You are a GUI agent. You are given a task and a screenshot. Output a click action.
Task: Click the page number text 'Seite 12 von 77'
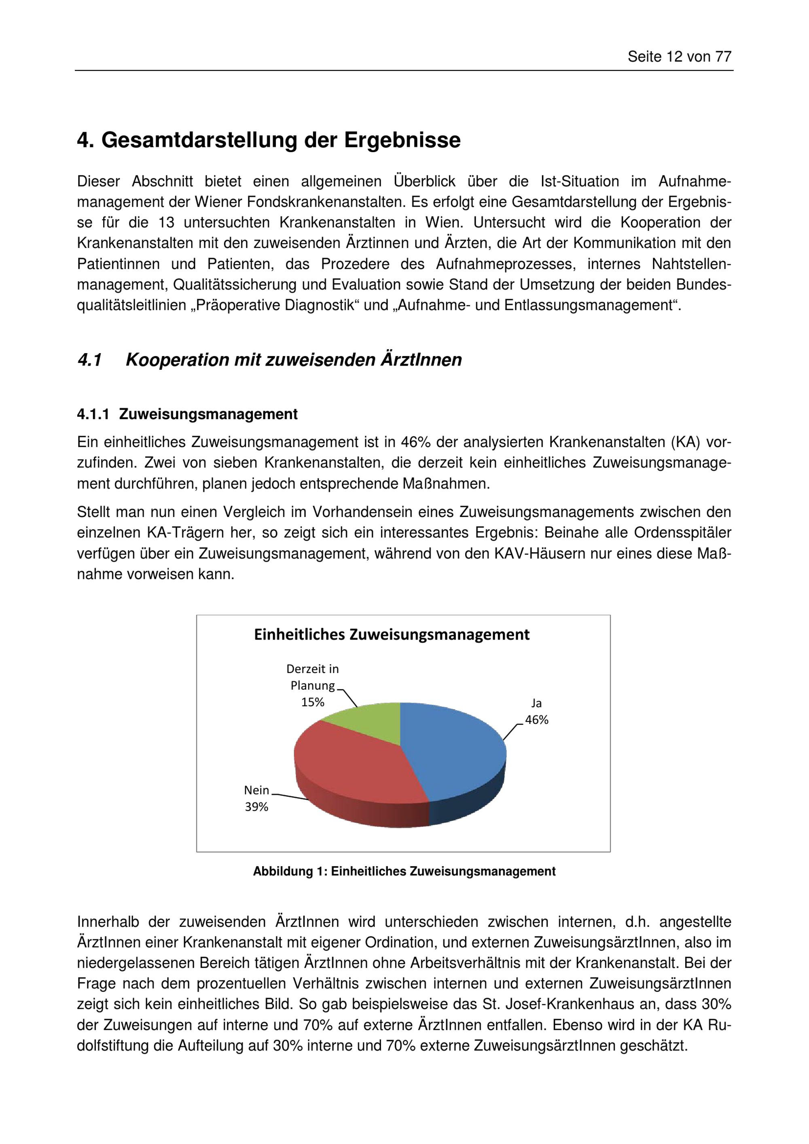click(x=679, y=57)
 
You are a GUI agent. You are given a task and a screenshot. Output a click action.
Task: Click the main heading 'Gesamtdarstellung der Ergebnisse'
click(x=281, y=140)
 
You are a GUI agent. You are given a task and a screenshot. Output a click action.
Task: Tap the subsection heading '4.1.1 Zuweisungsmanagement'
click(x=187, y=414)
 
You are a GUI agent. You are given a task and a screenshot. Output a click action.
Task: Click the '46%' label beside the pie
click(x=536, y=720)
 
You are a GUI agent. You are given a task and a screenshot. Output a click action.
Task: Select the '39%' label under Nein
click(x=256, y=807)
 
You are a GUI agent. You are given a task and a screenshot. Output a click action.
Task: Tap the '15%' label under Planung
click(x=312, y=702)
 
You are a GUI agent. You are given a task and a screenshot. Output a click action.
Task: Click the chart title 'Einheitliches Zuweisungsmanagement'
click(x=392, y=635)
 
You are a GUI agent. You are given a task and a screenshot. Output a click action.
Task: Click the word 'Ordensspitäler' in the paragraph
click(x=682, y=533)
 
